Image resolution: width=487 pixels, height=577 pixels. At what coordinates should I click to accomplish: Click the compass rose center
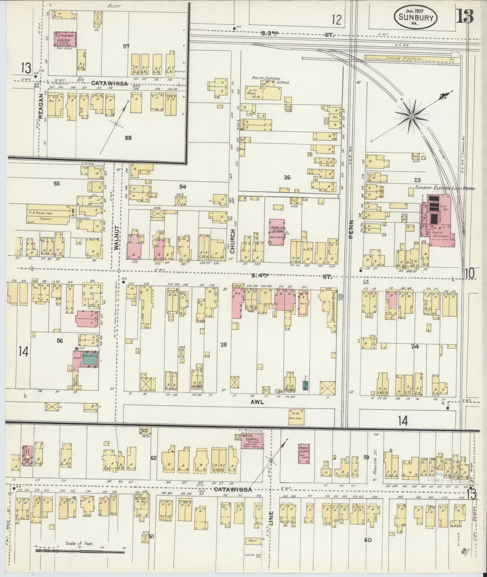pyautogui.click(x=412, y=116)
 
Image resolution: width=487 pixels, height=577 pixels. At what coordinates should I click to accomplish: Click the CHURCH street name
pyautogui.click(x=232, y=241)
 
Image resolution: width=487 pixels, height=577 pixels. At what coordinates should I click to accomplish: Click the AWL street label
pyautogui.click(x=257, y=402)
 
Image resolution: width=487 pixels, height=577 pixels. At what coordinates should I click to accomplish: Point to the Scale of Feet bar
pyautogui.click(x=80, y=551)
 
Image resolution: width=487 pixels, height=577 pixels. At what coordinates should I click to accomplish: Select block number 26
pyautogui.click(x=287, y=177)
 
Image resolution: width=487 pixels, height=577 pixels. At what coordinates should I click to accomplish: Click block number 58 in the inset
pyautogui.click(x=128, y=137)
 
